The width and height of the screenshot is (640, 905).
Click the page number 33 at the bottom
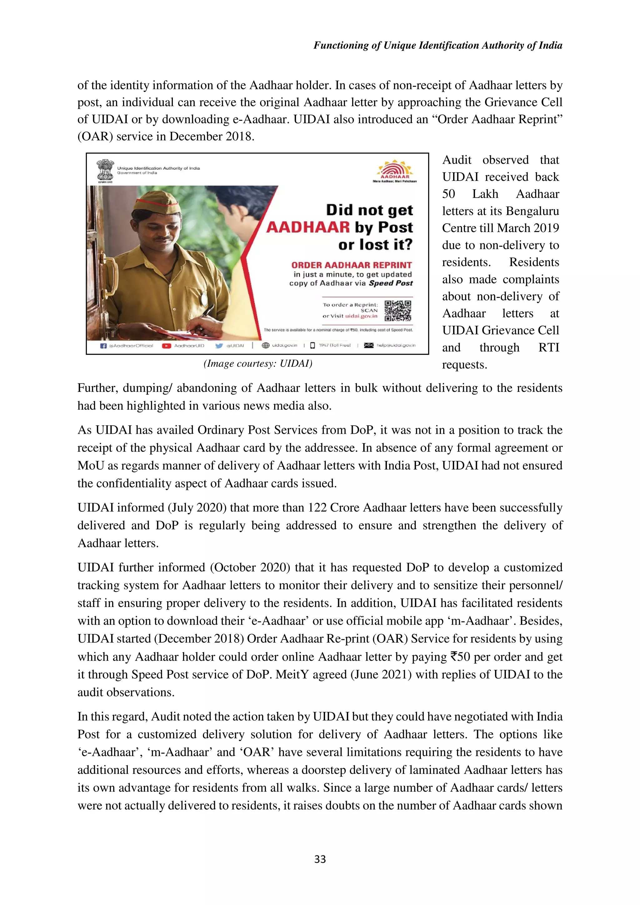coord(320,859)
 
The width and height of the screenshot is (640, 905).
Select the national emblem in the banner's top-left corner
coord(105,170)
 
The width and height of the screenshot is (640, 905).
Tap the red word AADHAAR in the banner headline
coord(307,227)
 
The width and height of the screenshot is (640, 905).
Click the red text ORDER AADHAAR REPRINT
coord(351,265)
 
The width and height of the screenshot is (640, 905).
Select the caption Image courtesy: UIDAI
coord(258,363)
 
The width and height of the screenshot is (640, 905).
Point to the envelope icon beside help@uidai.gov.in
coord(369,346)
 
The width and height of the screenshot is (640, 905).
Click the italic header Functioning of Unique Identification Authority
coord(438,45)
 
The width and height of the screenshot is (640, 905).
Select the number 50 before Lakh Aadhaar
coord(448,194)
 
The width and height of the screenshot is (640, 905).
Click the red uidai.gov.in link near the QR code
coord(361,316)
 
